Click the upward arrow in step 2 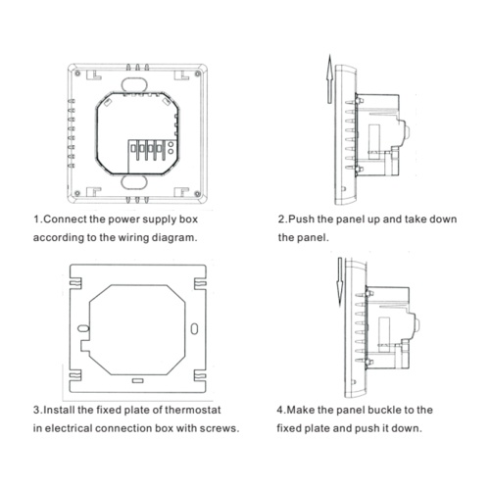[330, 79]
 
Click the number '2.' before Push [282, 220]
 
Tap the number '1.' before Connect [37, 220]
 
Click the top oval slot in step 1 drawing [134, 84]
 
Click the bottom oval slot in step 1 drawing [134, 182]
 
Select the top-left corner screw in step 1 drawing [77, 73]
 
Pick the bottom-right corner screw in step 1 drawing [197, 194]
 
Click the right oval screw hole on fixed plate [194, 329]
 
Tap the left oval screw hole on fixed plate [83, 328]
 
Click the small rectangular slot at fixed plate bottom [138, 380]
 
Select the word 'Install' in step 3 [60, 410]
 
